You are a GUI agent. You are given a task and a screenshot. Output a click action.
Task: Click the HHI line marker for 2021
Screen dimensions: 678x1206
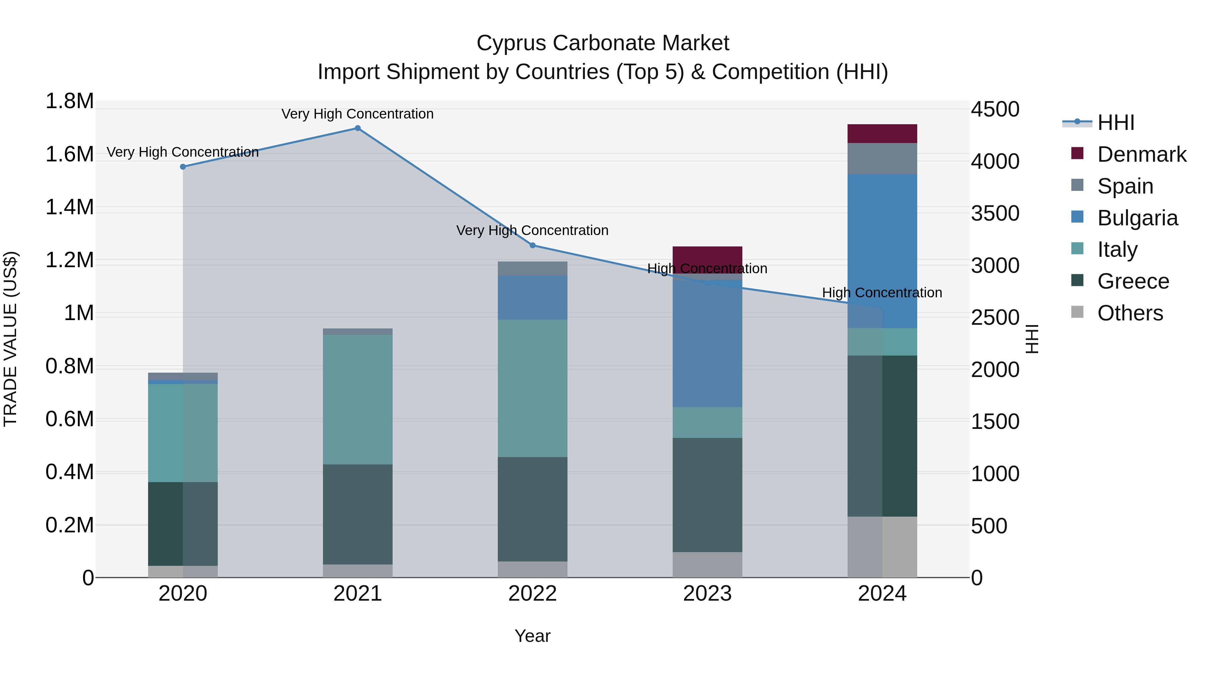click(358, 128)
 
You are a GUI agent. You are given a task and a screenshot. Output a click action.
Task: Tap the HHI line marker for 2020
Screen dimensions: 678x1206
click(183, 167)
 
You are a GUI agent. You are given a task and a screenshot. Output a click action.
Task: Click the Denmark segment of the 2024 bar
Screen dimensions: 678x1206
click(882, 134)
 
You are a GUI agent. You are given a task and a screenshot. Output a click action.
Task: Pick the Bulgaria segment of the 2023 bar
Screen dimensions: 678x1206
click(708, 344)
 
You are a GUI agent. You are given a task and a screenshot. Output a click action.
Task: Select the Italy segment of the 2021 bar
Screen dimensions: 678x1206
click(358, 399)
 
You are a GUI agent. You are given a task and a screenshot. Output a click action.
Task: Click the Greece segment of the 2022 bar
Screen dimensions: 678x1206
click(532, 509)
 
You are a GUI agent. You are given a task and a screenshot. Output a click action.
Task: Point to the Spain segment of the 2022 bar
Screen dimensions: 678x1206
click(532, 269)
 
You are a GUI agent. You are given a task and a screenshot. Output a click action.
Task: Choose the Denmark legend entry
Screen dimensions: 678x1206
click(1141, 154)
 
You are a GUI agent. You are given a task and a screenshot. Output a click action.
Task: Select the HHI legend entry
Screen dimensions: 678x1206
click(1116, 123)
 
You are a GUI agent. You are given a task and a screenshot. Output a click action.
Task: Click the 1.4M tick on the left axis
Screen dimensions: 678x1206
click(70, 207)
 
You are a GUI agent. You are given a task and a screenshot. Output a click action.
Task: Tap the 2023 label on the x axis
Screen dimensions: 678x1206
click(708, 594)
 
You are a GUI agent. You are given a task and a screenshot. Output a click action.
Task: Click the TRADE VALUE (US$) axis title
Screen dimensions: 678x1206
click(11, 339)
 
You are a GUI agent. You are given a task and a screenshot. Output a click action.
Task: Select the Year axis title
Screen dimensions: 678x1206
click(532, 636)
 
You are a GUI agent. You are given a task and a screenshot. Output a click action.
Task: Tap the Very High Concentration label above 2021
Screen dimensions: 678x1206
click(358, 114)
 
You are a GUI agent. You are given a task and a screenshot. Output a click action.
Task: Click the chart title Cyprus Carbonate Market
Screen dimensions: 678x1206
click(603, 43)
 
